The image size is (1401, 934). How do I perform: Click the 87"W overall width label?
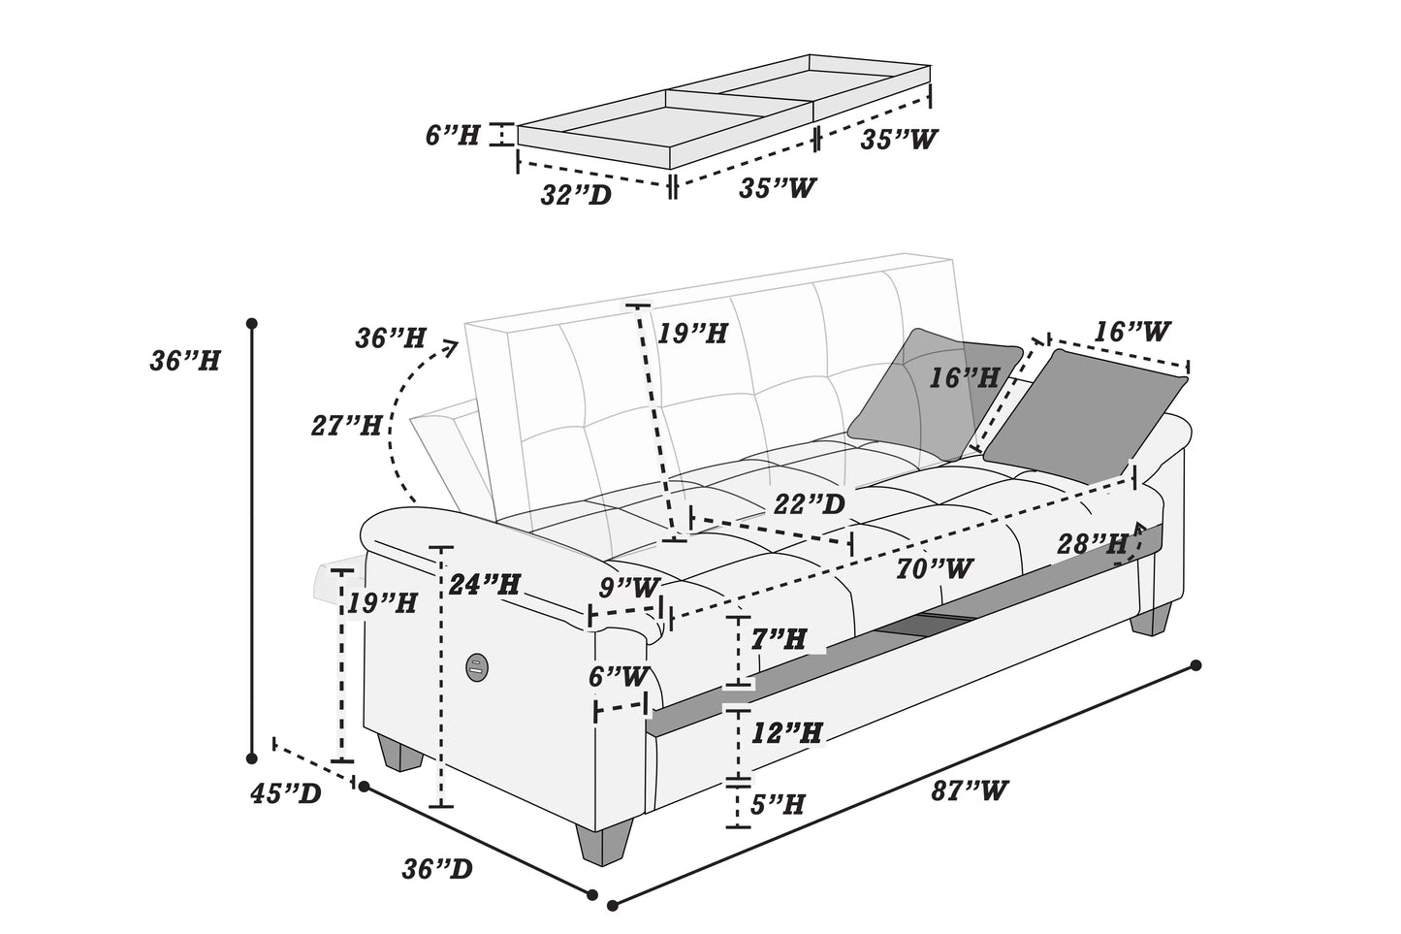click(x=969, y=790)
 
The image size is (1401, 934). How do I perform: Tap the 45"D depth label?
click(x=285, y=794)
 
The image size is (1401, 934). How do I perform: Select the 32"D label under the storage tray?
click(x=576, y=195)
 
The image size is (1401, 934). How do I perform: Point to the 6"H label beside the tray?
click(x=453, y=135)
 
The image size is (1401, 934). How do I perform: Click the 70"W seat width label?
click(x=934, y=568)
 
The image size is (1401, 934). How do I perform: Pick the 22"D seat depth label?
click(x=809, y=504)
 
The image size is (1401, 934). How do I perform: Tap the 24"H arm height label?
click(x=484, y=585)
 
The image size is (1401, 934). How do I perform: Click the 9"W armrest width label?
click(x=629, y=588)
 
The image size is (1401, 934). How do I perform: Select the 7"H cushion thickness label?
click(x=779, y=639)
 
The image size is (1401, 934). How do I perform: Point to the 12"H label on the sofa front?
click(x=786, y=732)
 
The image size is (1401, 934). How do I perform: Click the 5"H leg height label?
click(x=778, y=804)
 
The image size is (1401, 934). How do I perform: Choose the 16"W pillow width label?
click(x=1131, y=332)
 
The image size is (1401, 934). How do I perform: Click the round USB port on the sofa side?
click(x=476, y=665)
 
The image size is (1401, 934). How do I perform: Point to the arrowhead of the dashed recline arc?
click(x=451, y=346)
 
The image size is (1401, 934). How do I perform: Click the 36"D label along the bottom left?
click(x=437, y=868)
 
